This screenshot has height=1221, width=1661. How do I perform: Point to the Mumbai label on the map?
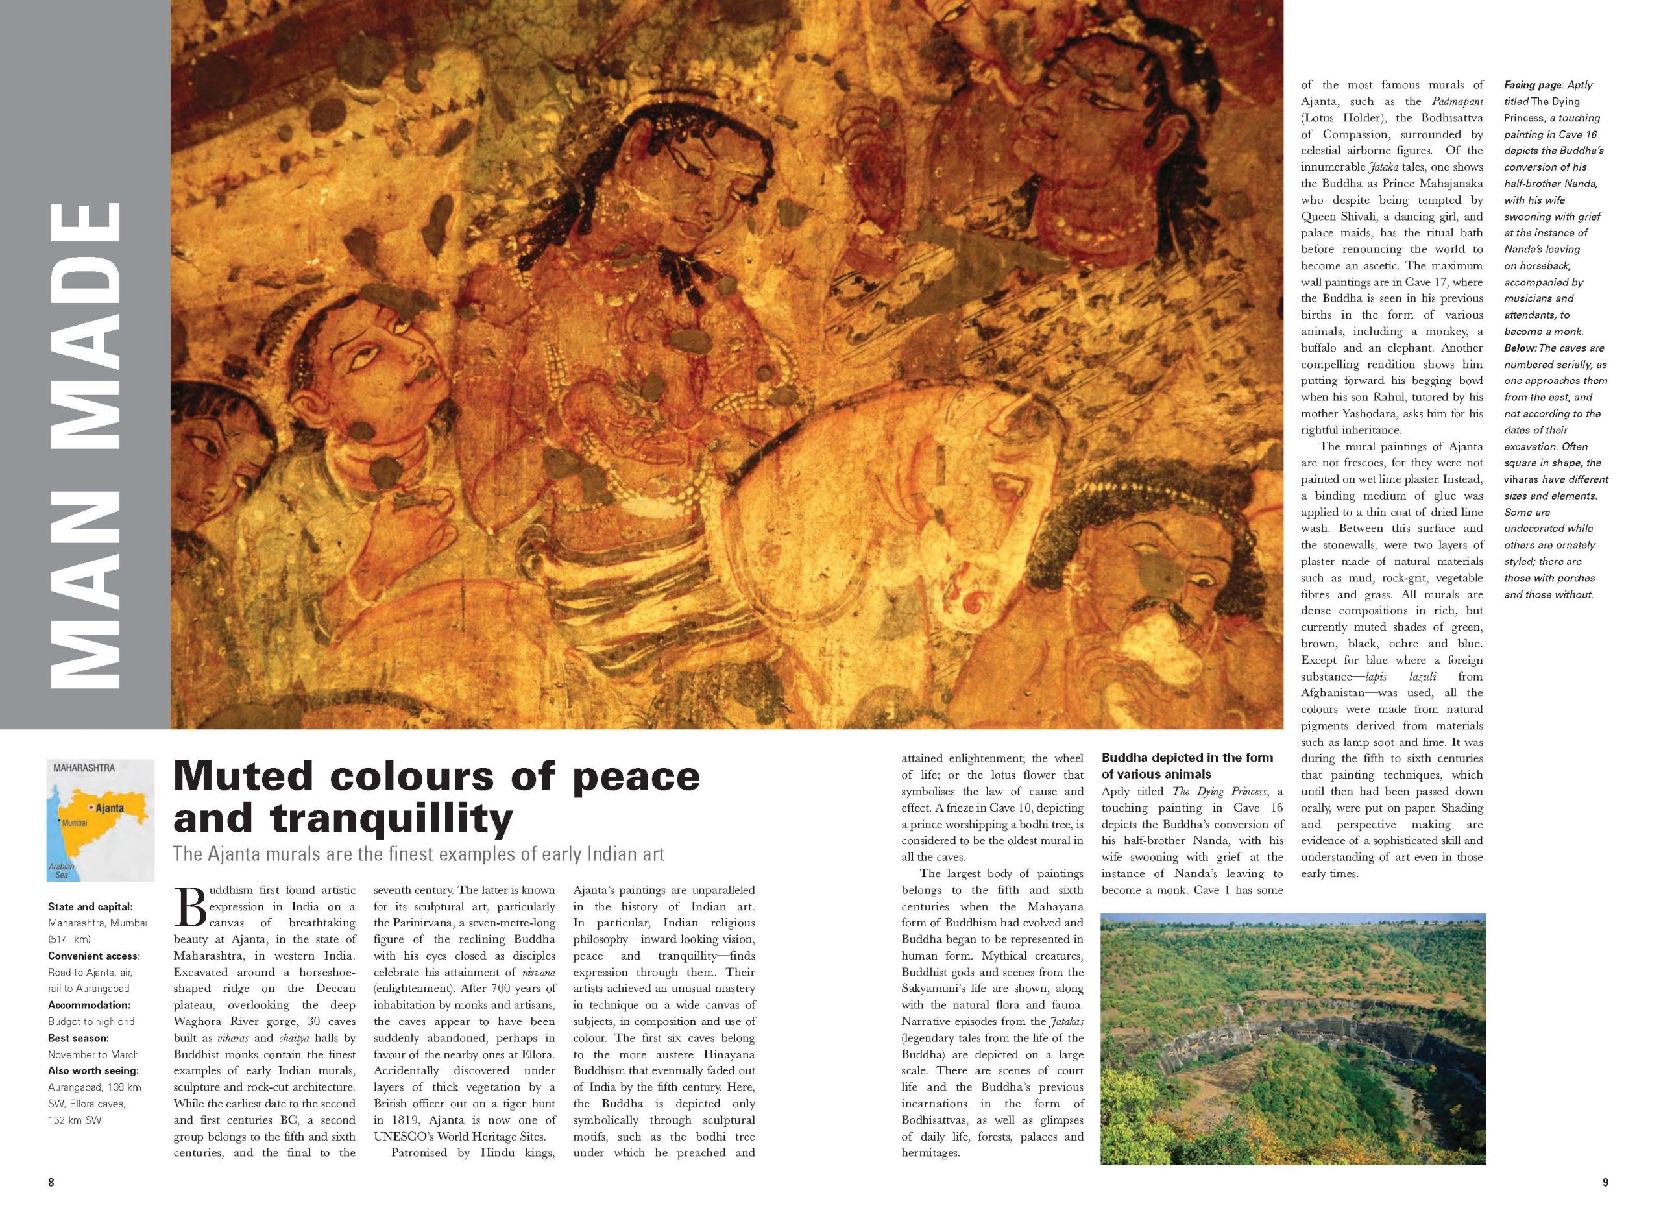pyautogui.click(x=75, y=823)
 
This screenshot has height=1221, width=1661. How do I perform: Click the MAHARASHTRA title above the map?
pyautogui.click(x=84, y=768)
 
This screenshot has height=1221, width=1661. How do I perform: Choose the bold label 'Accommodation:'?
pyautogui.click(x=89, y=1005)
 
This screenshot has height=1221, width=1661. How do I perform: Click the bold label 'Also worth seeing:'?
pyautogui.click(x=93, y=1070)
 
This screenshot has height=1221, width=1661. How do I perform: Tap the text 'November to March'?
pyautogui.click(x=93, y=1054)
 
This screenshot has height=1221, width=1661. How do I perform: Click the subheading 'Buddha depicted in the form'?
pyautogui.click(x=1187, y=758)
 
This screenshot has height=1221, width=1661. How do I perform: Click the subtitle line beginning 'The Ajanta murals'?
pyautogui.click(x=418, y=854)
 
